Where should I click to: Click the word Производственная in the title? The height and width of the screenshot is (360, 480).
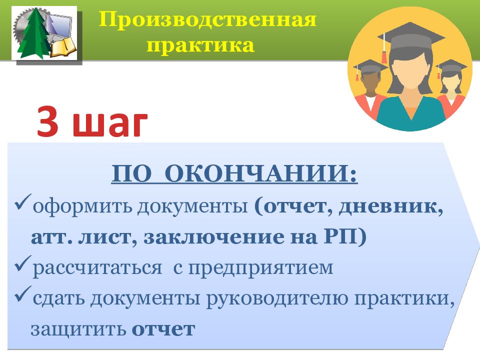[x=207, y=20]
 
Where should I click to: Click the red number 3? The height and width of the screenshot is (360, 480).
[x=48, y=121]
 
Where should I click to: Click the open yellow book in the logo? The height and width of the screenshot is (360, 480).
[x=63, y=47]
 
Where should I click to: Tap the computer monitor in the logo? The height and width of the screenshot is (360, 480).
[x=59, y=24]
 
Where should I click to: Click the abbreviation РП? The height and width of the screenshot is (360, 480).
[x=340, y=236]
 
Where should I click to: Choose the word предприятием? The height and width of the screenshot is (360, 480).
[x=260, y=268]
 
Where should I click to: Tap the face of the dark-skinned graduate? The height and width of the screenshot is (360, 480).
[x=370, y=84]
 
